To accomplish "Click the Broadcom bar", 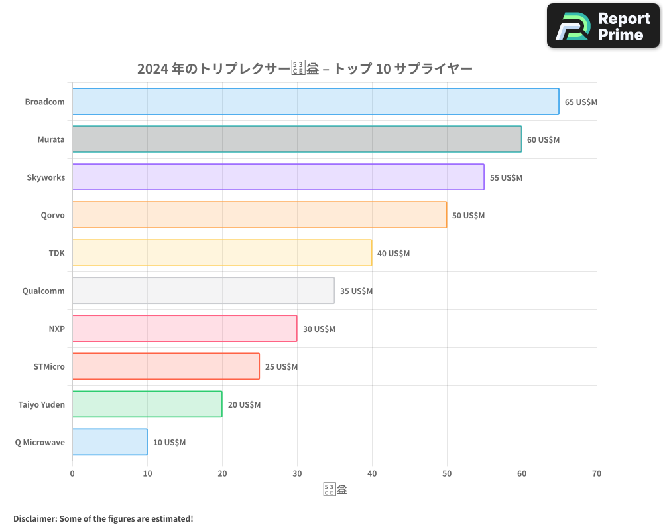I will [x=316, y=102].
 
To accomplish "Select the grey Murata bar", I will [x=297, y=139].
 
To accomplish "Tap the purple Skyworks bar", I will [x=278, y=177].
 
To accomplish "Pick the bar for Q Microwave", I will [x=110, y=442].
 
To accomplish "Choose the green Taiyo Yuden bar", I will [x=147, y=404].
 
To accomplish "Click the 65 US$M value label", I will [x=581, y=102].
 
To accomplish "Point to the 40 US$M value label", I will [x=393, y=254].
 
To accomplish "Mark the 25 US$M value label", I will [x=281, y=367].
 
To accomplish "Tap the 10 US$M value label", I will [x=169, y=443].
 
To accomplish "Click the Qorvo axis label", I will [x=52, y=215].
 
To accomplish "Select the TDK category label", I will [x=57, y=253].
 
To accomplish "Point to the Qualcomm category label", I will [x=44, y=291].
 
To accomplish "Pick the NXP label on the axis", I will [x=57, y=329].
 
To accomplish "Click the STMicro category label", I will [x=49, y=366].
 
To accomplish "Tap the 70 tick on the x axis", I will [x=597, y=473].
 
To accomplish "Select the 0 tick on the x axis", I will [x=72, y=473].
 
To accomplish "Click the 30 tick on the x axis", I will [x=297, y=473].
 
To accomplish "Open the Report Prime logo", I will [x=603, y=26].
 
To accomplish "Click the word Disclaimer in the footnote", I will [x=35, y=518].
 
